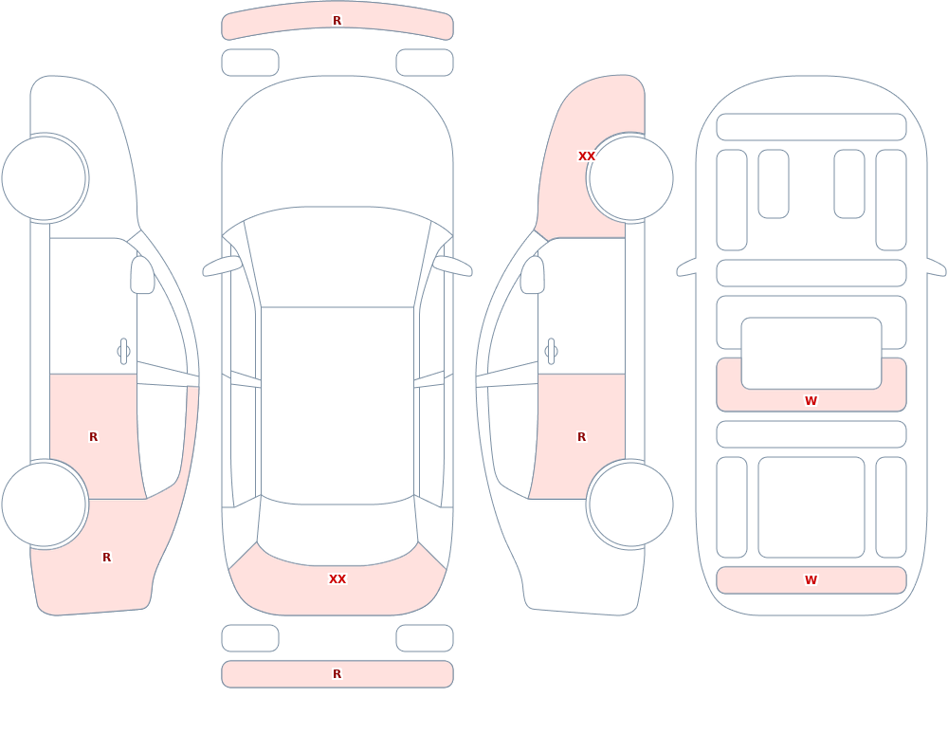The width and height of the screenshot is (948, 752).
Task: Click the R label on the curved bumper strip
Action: [337, 21]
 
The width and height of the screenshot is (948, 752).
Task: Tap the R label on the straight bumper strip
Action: [337, 674]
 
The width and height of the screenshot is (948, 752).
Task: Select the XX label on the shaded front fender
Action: [587, 156]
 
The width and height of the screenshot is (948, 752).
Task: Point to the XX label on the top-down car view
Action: [337, 579]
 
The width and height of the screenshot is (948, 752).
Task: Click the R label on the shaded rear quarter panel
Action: [106, 558]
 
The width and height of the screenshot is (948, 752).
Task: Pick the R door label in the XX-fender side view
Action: [581, 437]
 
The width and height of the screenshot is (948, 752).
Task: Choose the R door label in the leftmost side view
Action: [93, 437]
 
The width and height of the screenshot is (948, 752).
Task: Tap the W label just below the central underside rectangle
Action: [811, 400]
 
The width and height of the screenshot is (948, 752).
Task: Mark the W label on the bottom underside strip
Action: [811, 579]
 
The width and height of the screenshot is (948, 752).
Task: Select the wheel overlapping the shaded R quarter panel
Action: [45, 504]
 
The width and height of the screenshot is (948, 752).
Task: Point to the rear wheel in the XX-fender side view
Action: [630, 504]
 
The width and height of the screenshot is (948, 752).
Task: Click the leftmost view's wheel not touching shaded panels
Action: [45, 178]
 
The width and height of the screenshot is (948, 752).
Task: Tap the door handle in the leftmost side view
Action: [123, 352]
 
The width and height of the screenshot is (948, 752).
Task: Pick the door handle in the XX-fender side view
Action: [551, 352]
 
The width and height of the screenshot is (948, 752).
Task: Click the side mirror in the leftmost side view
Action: [142, 275]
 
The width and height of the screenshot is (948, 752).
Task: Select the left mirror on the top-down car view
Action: [222, 266]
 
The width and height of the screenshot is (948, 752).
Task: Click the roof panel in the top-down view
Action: [337, 405]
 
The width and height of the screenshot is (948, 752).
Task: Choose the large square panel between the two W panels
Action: [811, 507]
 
